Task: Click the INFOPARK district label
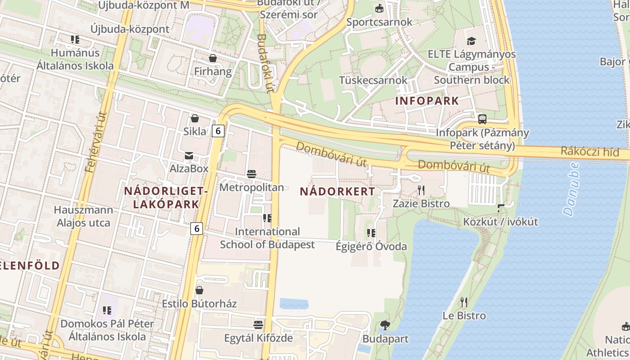[x=427, y=101]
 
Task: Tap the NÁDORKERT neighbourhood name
[x=337, y=191]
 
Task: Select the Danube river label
[x=571, y=189]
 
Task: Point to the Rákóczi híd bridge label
[x=589, y=152]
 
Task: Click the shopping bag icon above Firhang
[x=212, y=58]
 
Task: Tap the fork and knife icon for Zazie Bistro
[x=421, y=190]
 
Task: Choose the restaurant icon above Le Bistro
[x=464, y=302]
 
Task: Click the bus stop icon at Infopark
[x=482, y=119]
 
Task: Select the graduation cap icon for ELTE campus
[x=471, y=41]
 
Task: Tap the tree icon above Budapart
[x=385, y=325]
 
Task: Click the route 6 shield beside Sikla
[x=218, y=131]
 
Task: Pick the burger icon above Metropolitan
[x=251, y=174]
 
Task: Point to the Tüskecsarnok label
[x=373, y=80]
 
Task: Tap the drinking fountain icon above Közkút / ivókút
[x=501, y=208]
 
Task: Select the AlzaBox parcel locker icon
[x=189, y=156]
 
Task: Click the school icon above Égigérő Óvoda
[x=371, y=233]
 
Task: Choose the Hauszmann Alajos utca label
[x=83, y=216]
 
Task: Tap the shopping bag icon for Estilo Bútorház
[x=199, y=290]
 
